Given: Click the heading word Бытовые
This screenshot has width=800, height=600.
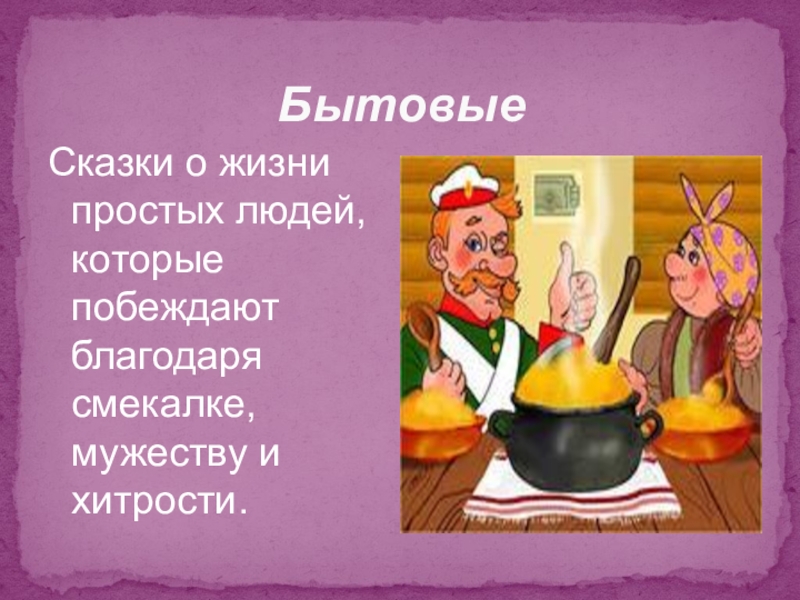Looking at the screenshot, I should click(x=401, y=103).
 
